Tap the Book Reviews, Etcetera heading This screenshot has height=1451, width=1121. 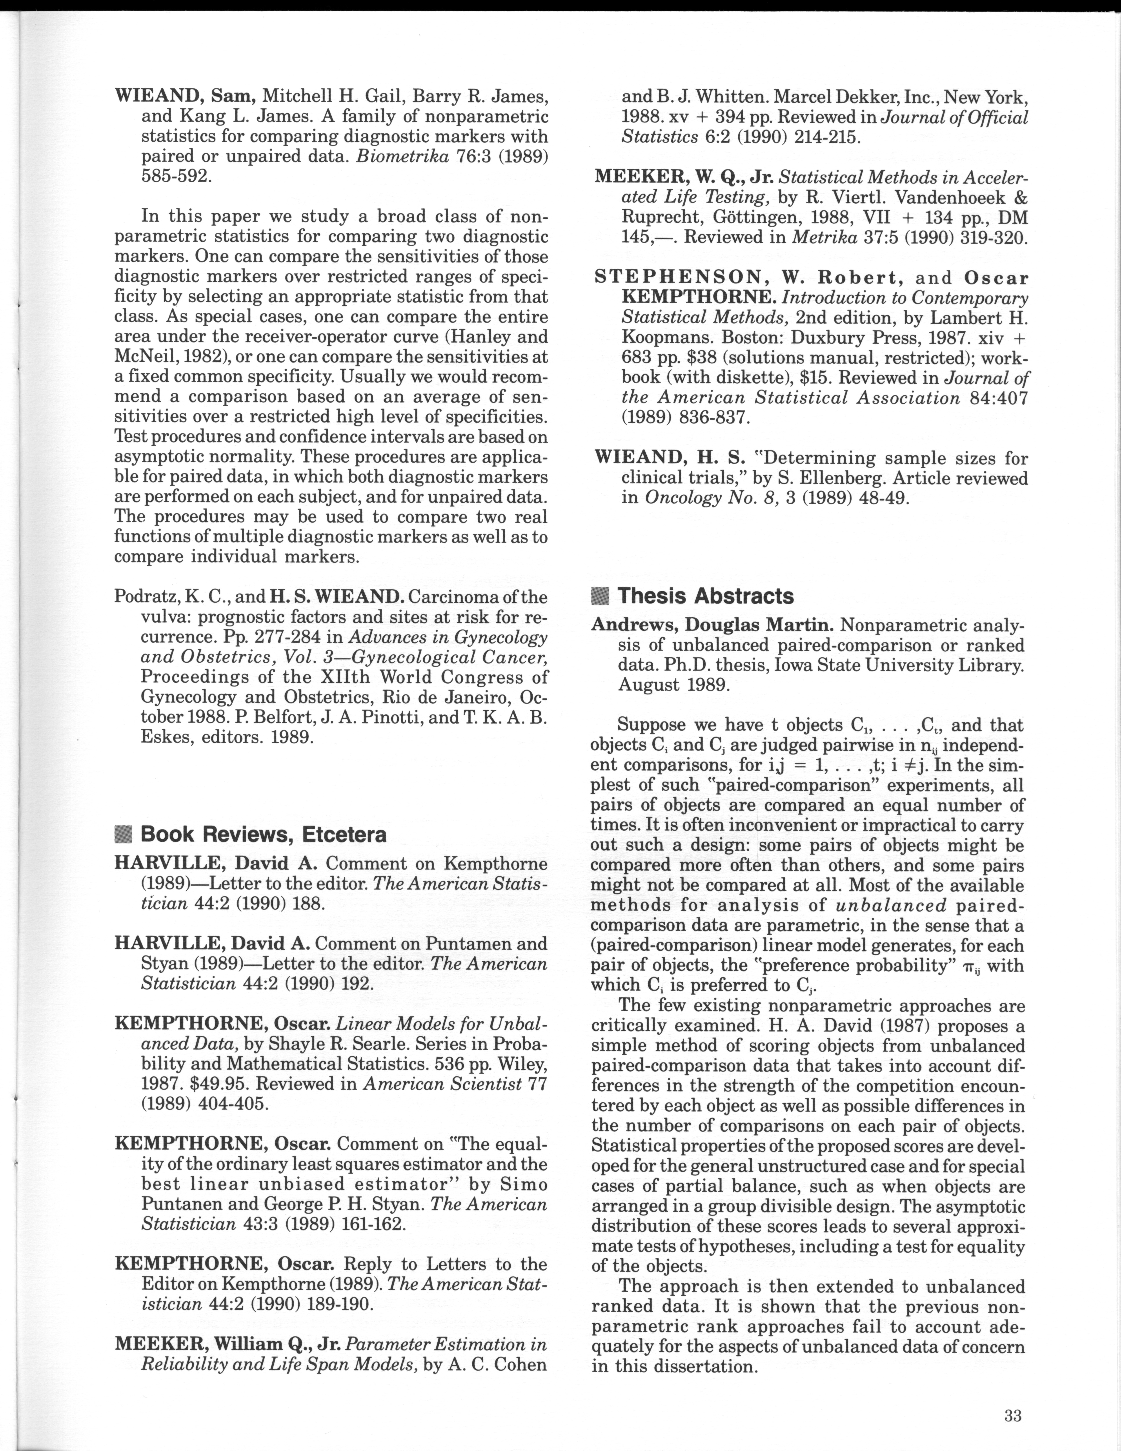[x=263, y=835]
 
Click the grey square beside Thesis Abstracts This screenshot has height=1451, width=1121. [x=600, y=596]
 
